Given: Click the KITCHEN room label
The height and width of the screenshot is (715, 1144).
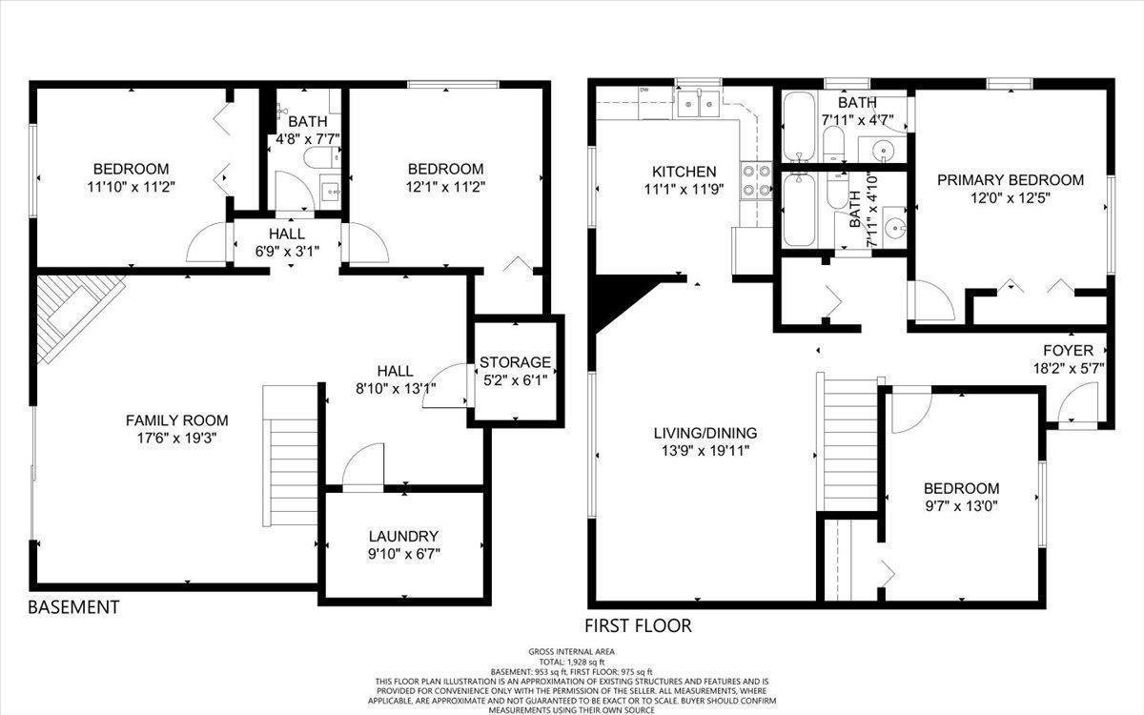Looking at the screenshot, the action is click(x=684, y=172).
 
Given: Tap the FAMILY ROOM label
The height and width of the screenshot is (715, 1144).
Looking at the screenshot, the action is click(x=176, y=420).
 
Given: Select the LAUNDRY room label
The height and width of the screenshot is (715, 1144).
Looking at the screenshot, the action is click(x=403, y=536).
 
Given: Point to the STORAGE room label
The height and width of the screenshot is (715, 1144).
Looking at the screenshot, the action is click(x=515, y=362).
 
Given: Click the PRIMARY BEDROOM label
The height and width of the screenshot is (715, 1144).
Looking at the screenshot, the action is click(x=1011, y=180).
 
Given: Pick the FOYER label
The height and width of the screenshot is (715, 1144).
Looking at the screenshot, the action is click(x=1069, y=351).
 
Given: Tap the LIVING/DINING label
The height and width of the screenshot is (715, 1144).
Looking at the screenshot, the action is click(x=705, y=433).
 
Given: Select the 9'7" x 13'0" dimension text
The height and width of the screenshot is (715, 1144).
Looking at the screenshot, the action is click(x=961, y=506).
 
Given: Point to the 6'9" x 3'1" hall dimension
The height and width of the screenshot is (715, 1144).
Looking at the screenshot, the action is click(x=287, y=252).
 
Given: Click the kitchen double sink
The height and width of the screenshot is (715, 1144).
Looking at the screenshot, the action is click(x=698, y=105).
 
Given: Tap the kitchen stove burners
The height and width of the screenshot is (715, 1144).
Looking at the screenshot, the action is click(x=756, y=180).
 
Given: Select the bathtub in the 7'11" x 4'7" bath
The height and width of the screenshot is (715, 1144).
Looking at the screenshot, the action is click(x=799, y=126).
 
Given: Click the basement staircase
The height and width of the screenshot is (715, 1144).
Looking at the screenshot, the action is click(x=290, y=456).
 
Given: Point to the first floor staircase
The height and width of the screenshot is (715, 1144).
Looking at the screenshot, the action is click(x=847, y=441).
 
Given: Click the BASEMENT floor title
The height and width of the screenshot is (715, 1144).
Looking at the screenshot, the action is click(x=73, y=607).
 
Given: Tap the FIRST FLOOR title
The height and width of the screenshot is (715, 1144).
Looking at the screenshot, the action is click(x=638, y=625).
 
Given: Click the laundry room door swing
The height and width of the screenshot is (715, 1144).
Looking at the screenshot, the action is click(x=362, y=467).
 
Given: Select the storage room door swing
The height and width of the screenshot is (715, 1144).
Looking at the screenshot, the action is click(x=445, y=385).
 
